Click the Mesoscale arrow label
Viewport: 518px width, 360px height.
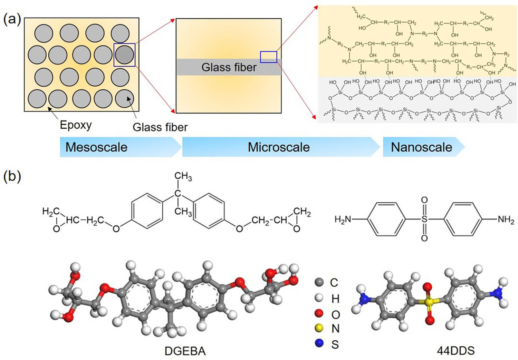[96, 147]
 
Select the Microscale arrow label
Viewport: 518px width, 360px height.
[279, 147]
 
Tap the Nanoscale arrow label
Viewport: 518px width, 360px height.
[421, 147]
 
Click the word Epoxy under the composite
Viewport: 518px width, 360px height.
[76, 125]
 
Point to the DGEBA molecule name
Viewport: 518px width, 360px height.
[185, 351]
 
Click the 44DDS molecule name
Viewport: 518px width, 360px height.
[455, 351]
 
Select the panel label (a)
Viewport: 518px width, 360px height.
[12, 19]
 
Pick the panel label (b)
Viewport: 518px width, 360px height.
[12, 176]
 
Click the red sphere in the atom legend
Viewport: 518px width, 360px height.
[319, 313]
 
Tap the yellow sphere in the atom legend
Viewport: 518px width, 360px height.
[319, 328]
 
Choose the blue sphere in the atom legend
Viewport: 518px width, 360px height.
[319, 343]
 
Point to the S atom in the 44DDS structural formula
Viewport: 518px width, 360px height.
[424, 219]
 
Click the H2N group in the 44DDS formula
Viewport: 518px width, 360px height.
[343, 219]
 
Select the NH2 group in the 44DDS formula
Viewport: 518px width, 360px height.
[506, 219]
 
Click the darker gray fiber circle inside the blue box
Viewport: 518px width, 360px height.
[124, 55]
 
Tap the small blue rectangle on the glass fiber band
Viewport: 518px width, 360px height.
[268, 57]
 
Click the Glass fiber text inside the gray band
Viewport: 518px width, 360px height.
[229, 67]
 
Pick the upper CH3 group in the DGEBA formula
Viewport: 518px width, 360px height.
[183, 176]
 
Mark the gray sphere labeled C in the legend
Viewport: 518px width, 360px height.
[319, 282]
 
